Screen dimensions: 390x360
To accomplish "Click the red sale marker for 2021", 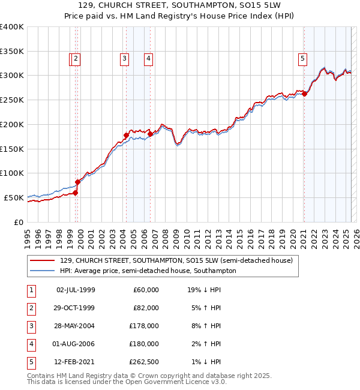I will click(x=304, y=94).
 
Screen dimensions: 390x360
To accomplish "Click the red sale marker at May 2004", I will click(x=127, y=135).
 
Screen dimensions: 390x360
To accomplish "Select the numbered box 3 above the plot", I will click(x=124, y=59).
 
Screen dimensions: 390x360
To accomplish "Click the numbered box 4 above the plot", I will click(x=148, y=59).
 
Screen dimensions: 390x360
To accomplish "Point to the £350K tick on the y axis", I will click(x=11, y=51).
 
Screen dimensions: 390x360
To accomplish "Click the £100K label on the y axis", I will click(x=11, y=173).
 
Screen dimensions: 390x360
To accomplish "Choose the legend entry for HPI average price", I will click(x=148, y=271).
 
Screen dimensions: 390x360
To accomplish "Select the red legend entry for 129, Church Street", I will click(x=176, y=261).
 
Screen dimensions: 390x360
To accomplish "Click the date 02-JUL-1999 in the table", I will click(x=76, y=290).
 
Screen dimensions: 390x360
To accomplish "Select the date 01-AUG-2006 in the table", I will click(x=76, y=344).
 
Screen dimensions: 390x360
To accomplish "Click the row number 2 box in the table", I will click(x=31, y=308).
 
